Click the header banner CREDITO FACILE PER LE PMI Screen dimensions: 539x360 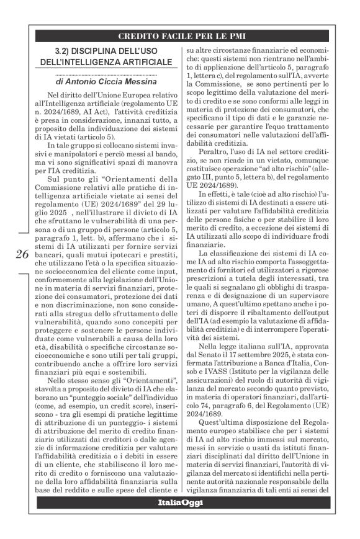tap(182, 36)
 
